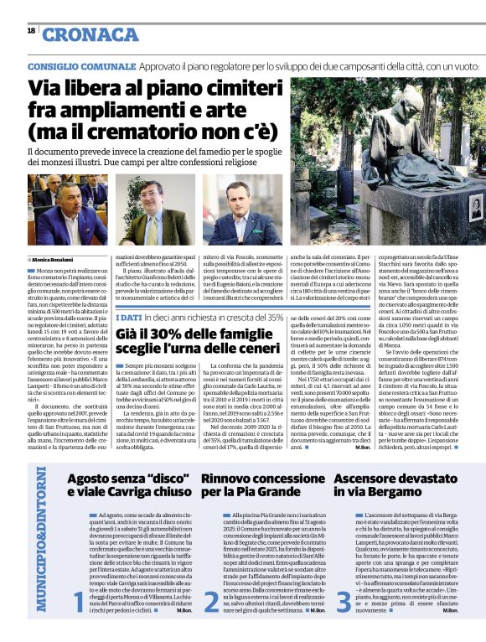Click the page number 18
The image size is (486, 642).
coord(30,31)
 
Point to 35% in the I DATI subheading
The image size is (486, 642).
coord(273,317)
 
